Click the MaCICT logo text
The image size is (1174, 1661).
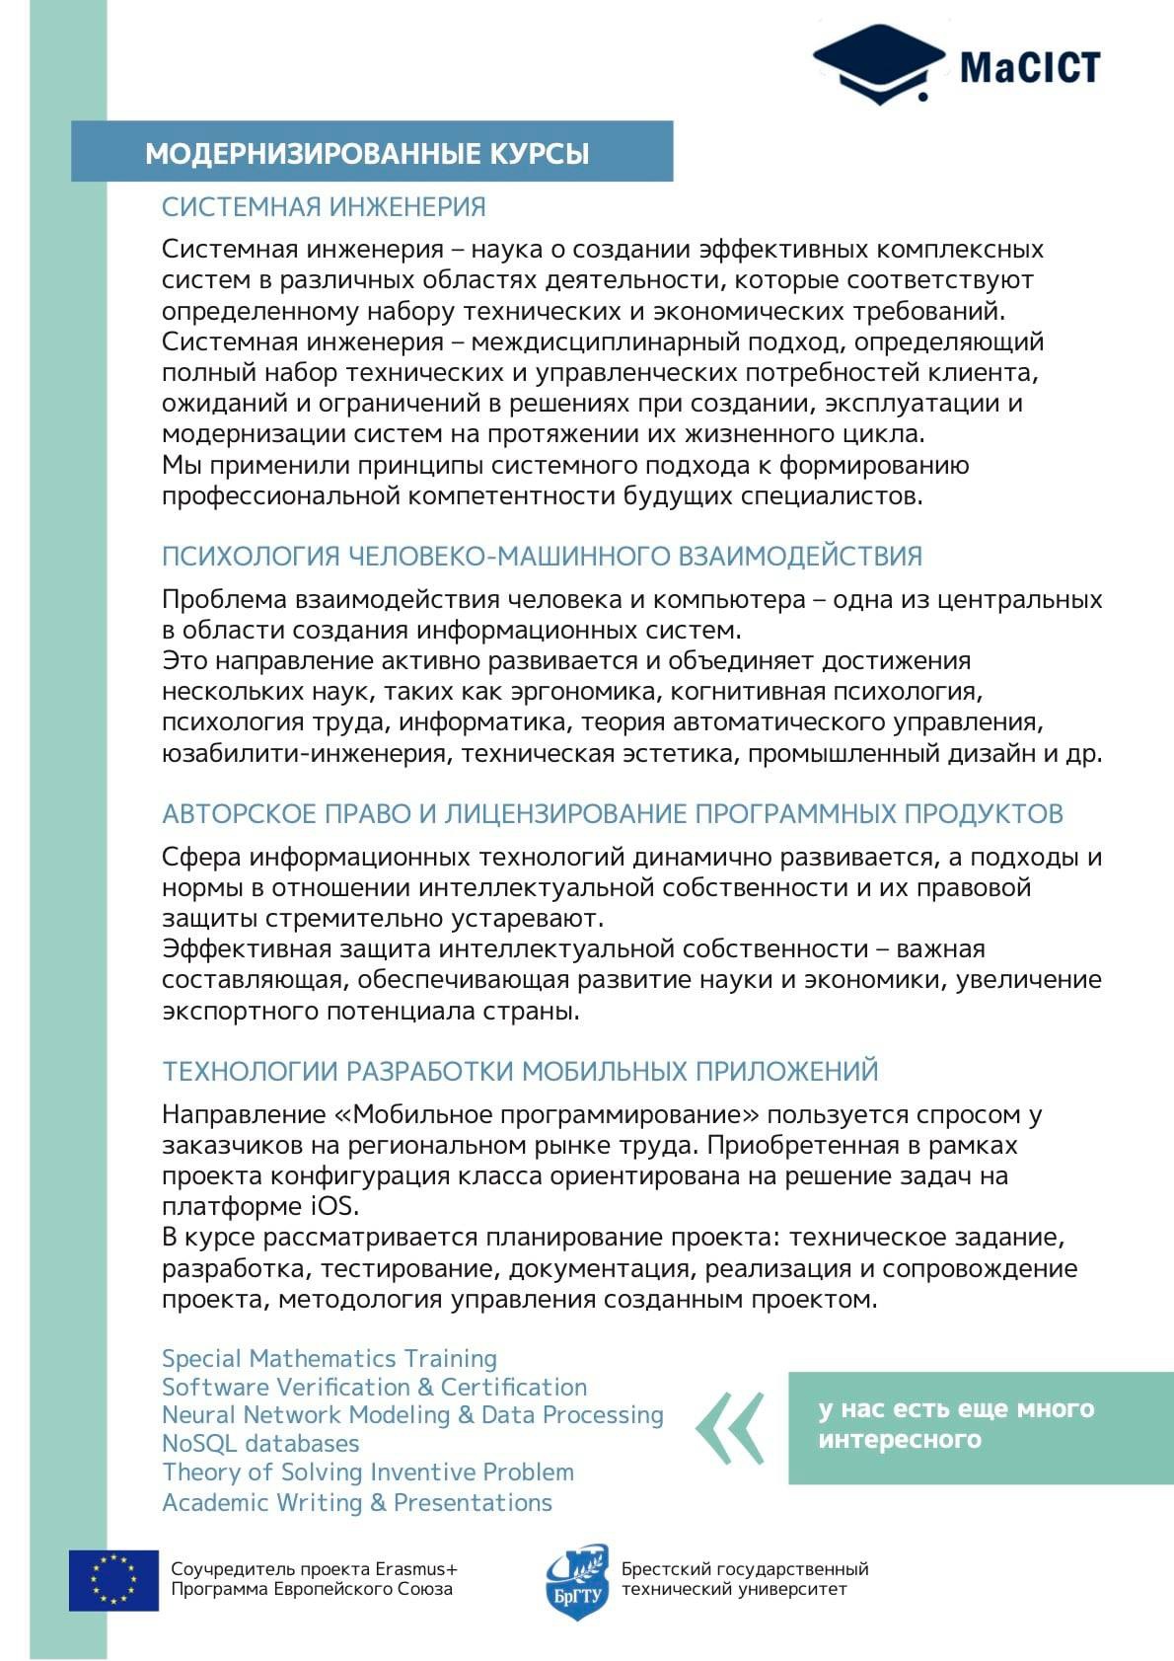(1029, 68)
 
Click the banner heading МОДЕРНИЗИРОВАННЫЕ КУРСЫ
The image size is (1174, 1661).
(367, 153)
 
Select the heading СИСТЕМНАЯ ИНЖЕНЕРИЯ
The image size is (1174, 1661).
(324, 206)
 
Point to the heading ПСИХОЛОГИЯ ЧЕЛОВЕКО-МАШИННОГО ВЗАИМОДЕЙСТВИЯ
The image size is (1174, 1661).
(542, 556)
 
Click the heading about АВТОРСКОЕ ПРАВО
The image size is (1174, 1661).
(612, 813)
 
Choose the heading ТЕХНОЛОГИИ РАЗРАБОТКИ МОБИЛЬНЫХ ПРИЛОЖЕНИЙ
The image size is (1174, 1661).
(520, 1071)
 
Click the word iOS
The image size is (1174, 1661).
(329, 1207)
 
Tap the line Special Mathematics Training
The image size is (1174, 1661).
(329, 1358)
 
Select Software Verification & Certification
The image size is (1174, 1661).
(374, 1387)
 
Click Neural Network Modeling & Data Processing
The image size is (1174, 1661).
(412, 1414)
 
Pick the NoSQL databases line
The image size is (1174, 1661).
(260, 1443)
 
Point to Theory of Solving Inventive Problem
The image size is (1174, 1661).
(367, 1472)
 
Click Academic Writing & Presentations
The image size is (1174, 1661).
(356, 1502)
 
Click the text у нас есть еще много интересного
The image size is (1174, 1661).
(955, 1423)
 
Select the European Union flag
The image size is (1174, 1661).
(113, 1579)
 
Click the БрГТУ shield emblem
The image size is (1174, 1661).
(578, 1580)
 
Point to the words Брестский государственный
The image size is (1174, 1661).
(744, 1568)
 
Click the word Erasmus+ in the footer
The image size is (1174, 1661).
(415, 1568)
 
